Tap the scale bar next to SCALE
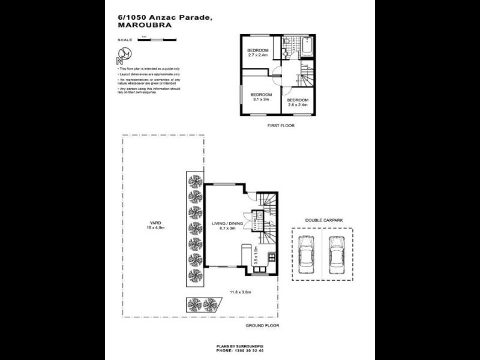[x=157, y=40]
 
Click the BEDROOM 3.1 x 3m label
[x=261, y=97]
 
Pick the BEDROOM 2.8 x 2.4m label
[x=297, y=102]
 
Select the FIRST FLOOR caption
[x=281, y=126]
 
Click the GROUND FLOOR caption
[x=262, y=325]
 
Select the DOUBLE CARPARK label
[x=322, y=220]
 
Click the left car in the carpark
[x=306, y=254]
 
